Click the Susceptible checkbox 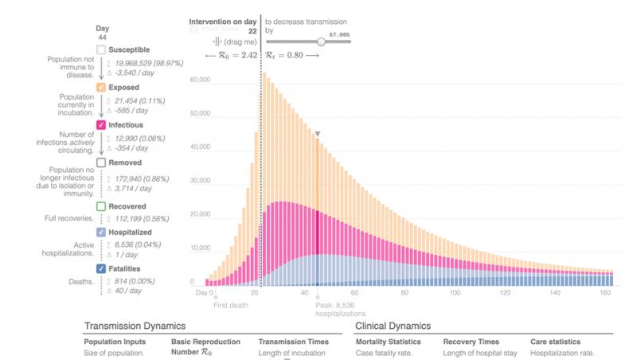point(101,49)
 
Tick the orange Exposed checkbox point(101,87)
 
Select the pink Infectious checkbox point(101,125)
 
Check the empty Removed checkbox point(101,162)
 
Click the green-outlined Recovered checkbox point(101,206)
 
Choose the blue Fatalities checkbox point(101,268)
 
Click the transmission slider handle point(321,41)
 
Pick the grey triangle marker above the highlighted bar point(317,135)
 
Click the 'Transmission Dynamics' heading point(135,326)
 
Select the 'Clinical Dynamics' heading point(393,326)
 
